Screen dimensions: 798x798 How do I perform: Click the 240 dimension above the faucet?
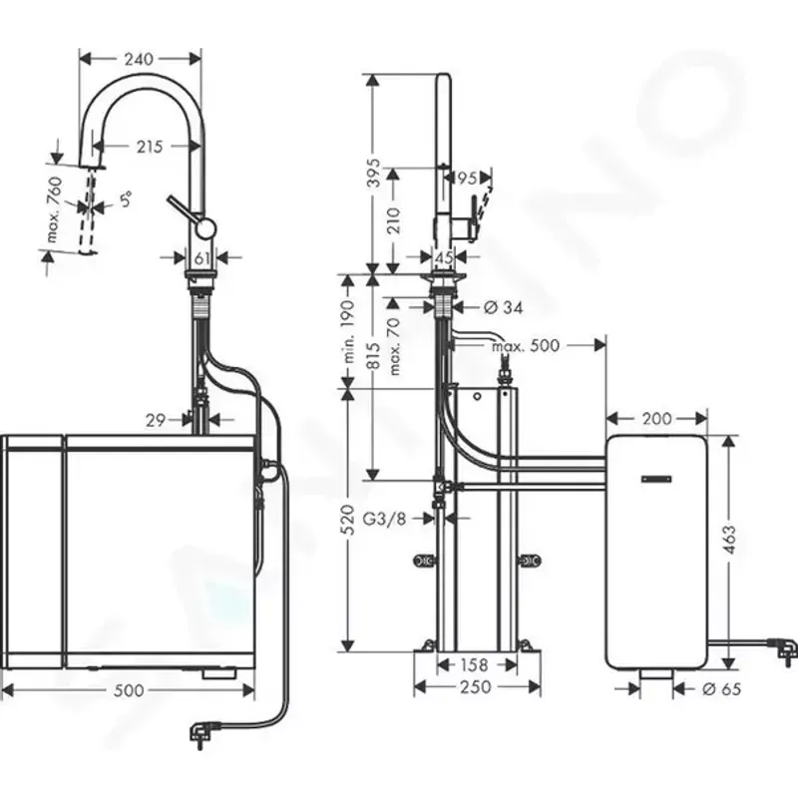[x=139, y=59]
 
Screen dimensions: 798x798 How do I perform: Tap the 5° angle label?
[x=125, y=199]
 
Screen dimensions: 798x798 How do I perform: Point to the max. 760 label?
[x=55, y=211]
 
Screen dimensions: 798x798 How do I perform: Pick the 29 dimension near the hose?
[x=154, y=421]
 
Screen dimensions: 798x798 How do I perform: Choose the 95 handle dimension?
[x=466, y=180]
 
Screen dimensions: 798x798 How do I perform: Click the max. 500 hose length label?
[x=526, y=346]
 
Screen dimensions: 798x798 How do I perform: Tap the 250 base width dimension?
[x=477, y=687]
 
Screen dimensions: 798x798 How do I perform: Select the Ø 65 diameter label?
[x=721, y=688]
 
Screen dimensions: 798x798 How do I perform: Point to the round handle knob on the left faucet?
[x=203, y=228]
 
